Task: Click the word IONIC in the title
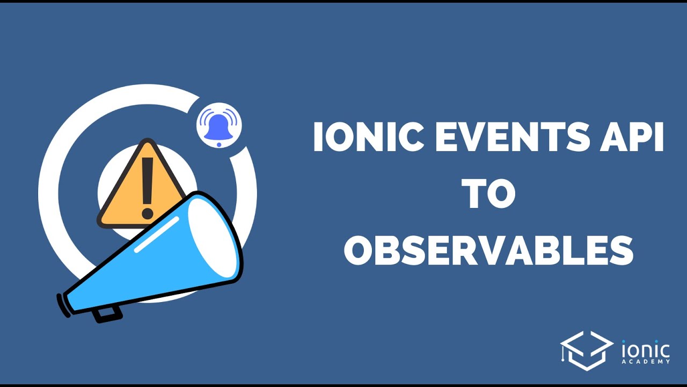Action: pos(367,137)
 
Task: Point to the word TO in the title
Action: pos(488,193)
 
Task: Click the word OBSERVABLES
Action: pos(488,250)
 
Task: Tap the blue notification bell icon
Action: pos(218,127)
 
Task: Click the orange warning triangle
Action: pos(141,184)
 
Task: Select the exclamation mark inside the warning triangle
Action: pos(148,188)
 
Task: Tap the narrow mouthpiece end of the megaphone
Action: pos(63,305)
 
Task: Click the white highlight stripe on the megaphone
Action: pos(157,235)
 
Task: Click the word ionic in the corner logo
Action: pos(646,349)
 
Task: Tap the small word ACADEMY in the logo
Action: pos(646,362)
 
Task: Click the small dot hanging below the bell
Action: pos(219,145)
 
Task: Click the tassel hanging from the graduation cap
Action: pos(563,354)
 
